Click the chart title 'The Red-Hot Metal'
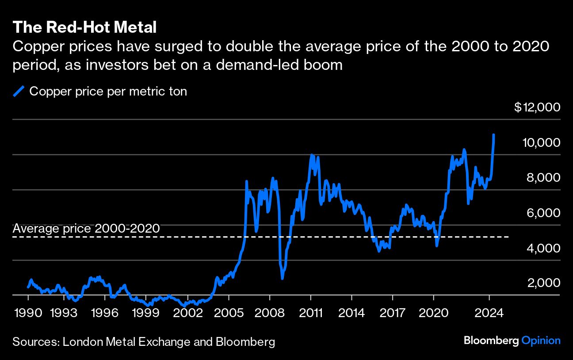tap(84, 27)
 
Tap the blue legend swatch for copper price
tap(19, 92)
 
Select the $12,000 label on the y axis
tap(537, 107)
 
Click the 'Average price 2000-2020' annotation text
tap(86, 229)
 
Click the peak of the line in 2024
tap(493, 134)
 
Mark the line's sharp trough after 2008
tap(282, 278)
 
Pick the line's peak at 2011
tap(311, 155)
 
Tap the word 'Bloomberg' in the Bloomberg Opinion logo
tap(491, 341)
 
